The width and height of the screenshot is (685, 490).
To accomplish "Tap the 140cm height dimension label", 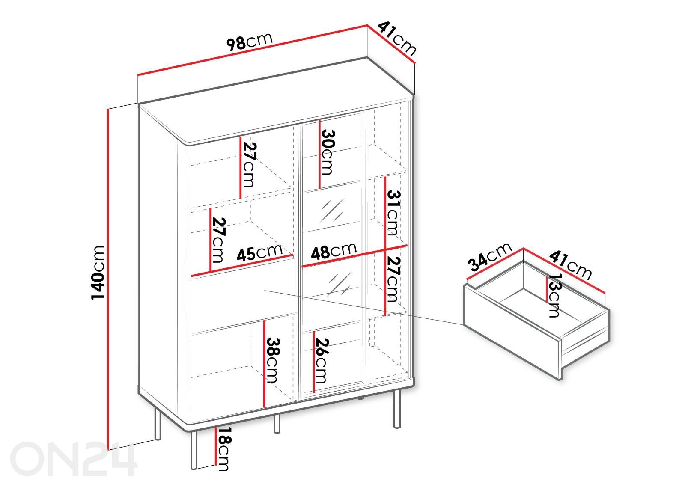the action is pyautogui.click(x=98, y=273).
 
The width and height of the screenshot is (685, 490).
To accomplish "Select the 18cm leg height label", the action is pyautogui.click(x=223, y=449).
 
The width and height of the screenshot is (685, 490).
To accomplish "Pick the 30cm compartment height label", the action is pyautogui.click(x=328, y=152).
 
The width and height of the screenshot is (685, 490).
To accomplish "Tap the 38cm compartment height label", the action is pyautogui.click(x=273, y=360).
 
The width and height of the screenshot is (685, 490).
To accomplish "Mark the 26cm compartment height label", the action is pyautogui.click(x=322, y=361).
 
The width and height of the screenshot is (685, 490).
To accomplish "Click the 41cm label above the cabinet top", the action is pyautogui.click(x=397, y=39).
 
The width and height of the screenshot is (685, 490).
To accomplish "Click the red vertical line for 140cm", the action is pyautogui.click(x=107, y=279).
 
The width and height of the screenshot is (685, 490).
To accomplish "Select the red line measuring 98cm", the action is pyautogui.click(x=252, y=50).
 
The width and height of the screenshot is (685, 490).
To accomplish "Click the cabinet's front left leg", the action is pyautogui.click(x=194, y=449).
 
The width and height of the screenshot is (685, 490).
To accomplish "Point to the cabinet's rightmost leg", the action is pyautogui.click(x=396, y=409).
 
